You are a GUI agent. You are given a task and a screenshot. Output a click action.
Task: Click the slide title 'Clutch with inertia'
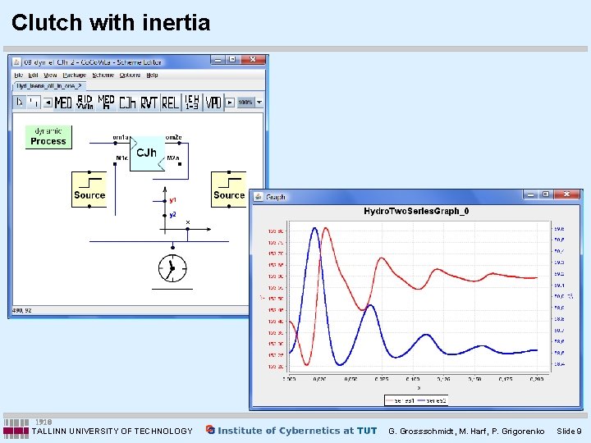(x=111, y=22)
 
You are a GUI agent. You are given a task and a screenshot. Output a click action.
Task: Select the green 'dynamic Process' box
(x=48, y=136)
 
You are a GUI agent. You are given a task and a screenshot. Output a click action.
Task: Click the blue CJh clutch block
(x=147, y=153)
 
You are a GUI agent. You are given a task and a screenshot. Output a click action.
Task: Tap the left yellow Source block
(x=89, y=190)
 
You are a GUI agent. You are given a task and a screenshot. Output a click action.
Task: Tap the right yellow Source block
(x=229, y=190)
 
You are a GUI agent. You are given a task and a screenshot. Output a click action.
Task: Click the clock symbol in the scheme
(x=172, y=267)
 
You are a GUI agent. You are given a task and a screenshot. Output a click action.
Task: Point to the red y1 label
(x=173, y=199)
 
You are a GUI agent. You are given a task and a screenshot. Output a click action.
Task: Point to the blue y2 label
(x=173, y=214)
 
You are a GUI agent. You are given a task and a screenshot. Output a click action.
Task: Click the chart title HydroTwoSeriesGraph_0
(x=416, y=212)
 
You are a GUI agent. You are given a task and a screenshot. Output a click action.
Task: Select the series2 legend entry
(x=435, y=400)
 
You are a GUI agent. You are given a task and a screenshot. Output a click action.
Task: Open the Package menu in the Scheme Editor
(x=74, y=75)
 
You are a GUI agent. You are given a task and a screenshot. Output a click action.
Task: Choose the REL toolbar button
(x=171, y=103)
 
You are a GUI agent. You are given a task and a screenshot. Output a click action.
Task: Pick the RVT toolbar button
(x=149, y=103)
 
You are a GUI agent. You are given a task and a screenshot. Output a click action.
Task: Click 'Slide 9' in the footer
(x=568, y=431)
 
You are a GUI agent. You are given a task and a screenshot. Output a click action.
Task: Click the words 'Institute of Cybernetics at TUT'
(x=297, y=430)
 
